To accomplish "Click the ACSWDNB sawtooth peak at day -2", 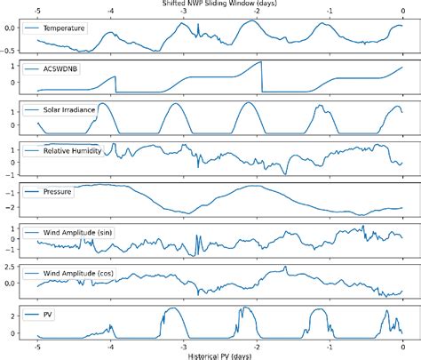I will [x=260, y=63].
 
